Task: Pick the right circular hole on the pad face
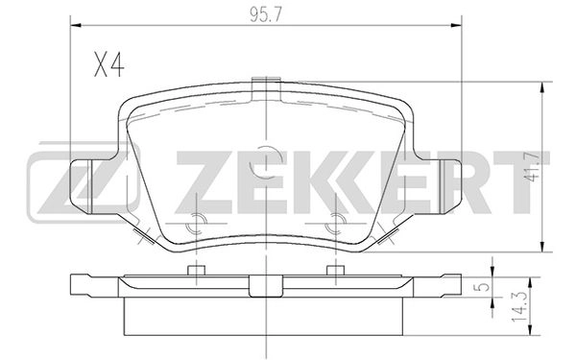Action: (335, 224)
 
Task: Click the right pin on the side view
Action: (335, 270)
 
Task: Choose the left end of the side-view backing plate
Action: (82, 285)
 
